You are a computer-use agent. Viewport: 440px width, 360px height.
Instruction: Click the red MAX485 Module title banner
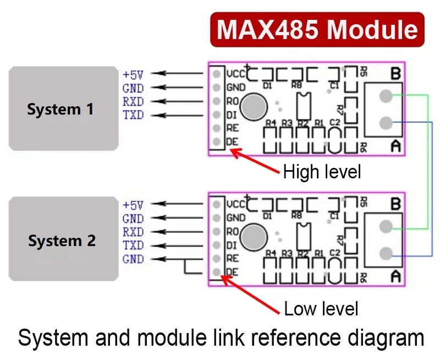[x=317, y=30]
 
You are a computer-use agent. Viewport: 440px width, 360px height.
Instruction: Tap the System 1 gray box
[x=64, y=108]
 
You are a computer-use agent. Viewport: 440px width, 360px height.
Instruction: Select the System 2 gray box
[x=64, y=239]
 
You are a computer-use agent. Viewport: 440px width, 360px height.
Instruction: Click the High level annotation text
[x=322, y=172]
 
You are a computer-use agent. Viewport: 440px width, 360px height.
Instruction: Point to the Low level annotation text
[x=321, y=309]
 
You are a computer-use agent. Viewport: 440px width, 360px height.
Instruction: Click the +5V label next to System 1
[x=133, y=75]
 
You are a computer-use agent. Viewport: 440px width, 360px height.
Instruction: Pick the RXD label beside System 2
[x=133, y=232]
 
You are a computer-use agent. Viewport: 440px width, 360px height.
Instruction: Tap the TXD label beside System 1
[x=133, y=115]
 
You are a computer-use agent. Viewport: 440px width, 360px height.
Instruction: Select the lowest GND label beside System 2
[x=133, y=259]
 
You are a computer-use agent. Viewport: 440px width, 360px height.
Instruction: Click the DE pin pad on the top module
[x=216, y=141]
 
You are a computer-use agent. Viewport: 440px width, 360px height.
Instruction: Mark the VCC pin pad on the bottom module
[x=216, y=204]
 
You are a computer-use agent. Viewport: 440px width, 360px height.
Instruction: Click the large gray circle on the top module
[x=254, y=107]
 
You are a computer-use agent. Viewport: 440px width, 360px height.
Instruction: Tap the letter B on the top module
[x=395, y=73]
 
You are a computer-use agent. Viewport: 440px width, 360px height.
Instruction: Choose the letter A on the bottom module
[x=395, y=276]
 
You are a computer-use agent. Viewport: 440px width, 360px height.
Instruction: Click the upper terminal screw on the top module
[x=386, y=96]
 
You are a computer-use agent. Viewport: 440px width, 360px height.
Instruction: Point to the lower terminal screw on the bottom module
[x=386, y=253]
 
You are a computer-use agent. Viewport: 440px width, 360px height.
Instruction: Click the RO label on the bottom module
[x=232, y=232]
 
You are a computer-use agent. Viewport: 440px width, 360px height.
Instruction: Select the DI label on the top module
[x=232, y=115]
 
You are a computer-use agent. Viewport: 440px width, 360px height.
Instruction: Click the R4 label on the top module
[x=271, y=123]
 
